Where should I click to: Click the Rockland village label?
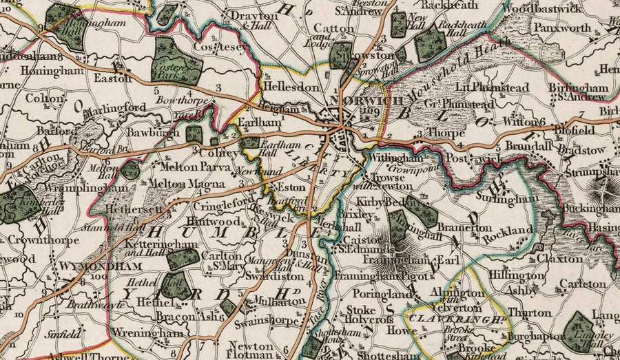coord(508,230)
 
